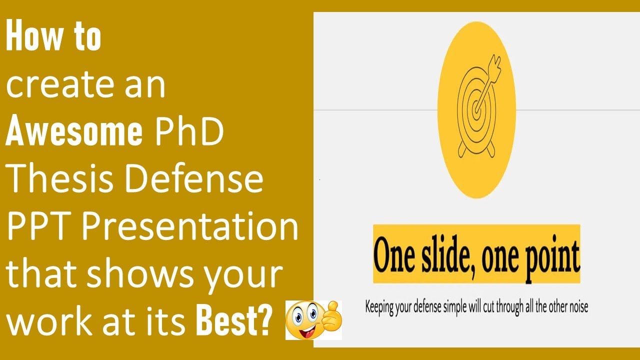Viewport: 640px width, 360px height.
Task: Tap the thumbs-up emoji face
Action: point(303,320)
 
